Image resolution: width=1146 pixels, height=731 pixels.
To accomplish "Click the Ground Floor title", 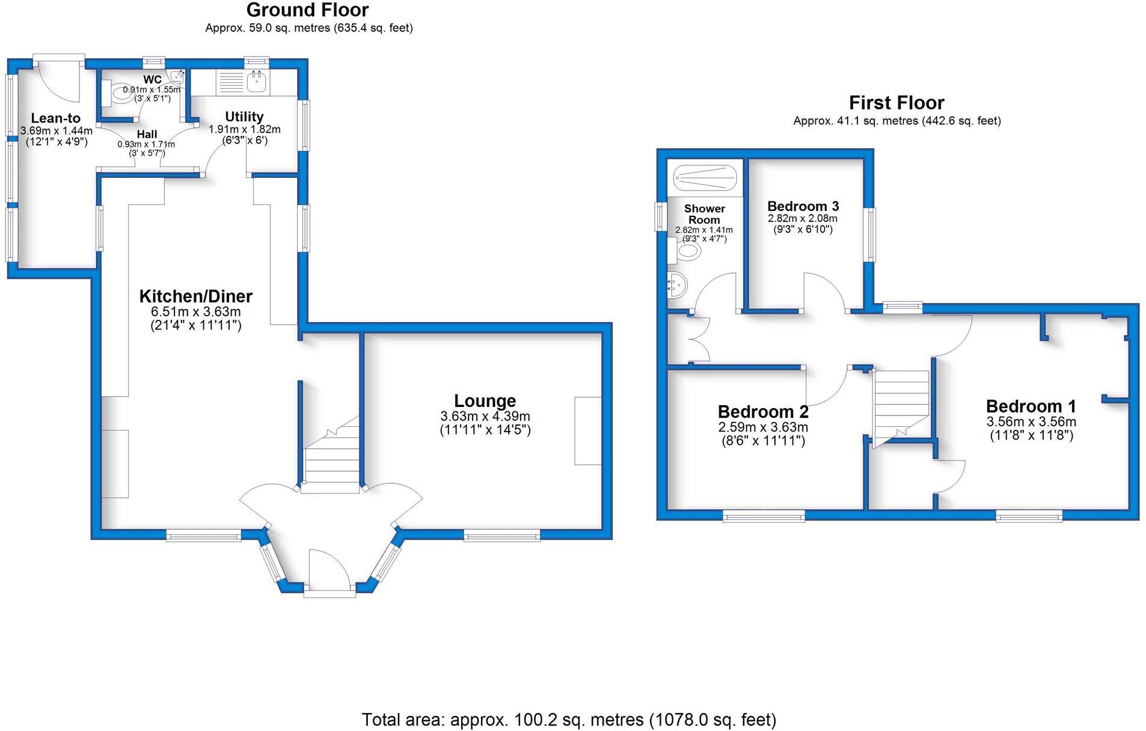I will (307, 10).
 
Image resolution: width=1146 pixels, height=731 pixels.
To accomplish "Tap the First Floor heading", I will (896, 103).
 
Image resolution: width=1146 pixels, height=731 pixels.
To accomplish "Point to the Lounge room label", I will (485, 401).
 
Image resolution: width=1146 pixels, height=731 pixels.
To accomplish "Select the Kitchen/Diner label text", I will (195, 296).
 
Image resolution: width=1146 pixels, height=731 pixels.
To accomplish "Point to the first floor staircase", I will (899, 403).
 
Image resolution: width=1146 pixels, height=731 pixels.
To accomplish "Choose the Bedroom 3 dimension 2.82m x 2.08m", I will (802, 218).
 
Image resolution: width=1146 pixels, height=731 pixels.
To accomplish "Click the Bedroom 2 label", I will (762, 412).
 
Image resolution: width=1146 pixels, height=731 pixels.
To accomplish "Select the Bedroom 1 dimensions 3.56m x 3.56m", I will (1031, 422).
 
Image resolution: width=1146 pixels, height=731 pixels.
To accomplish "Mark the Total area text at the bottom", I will (569, 720).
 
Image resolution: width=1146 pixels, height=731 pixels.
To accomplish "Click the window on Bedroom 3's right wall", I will (870, 234).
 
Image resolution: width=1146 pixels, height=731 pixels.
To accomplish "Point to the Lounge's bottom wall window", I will (501, 536).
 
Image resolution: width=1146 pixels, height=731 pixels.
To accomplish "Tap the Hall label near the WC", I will (147, 135).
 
